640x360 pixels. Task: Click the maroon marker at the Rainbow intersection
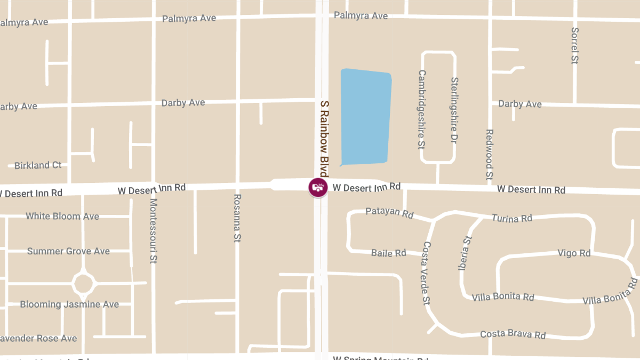click(x=318, y=187)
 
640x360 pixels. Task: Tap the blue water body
click(x=365, y=116)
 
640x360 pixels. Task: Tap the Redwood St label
click(x=489, y=154)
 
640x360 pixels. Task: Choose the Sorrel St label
click(x=574, y=46)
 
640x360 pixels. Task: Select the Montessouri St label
click(x=153, y=231)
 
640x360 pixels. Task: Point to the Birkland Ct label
click(x=38, y=165)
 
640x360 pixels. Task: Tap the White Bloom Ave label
click(x=62, y=216)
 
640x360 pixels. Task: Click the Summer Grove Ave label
click(x=68, y=251)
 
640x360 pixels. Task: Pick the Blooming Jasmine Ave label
click(x=69, y=305)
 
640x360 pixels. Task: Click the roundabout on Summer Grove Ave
click(x=83, y=283)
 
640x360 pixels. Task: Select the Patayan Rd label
click(x=389, y=212)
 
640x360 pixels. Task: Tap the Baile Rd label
click(x=389, y=253)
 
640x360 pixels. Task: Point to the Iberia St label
click(x=466, y=253)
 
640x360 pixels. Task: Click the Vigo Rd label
click(x=574, y=253)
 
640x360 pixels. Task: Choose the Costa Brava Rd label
click(x=513, y=334)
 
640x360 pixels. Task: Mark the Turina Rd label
click(x=511, y=218)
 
